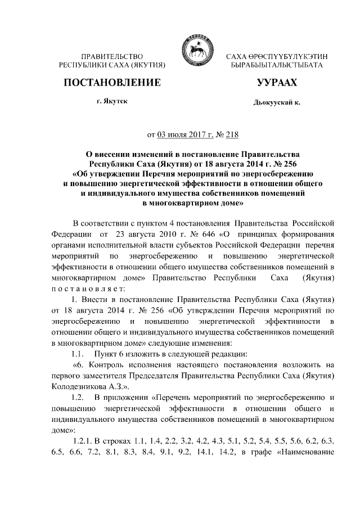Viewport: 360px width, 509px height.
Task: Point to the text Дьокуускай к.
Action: click(x=273, y=103)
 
